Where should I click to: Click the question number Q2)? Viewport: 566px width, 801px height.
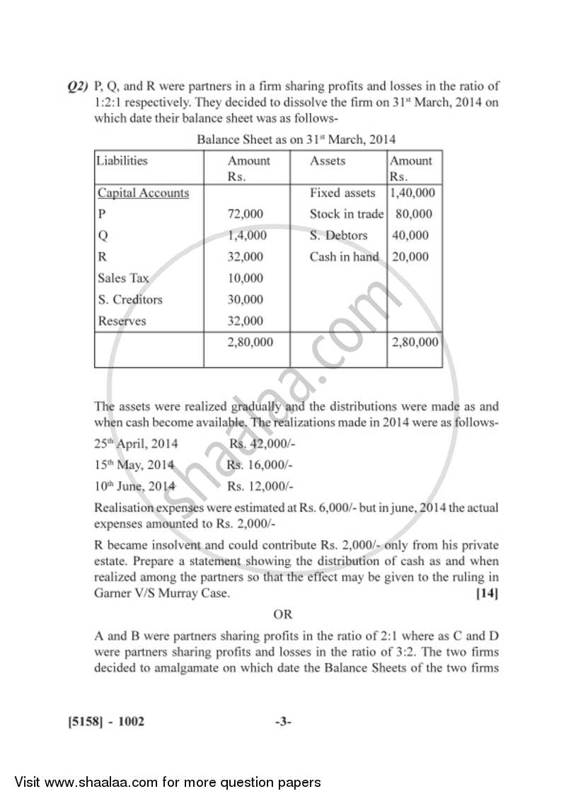click(77, 87)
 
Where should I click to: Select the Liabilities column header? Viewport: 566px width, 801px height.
click(122, 161)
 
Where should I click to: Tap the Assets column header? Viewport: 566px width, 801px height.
click(328, 161)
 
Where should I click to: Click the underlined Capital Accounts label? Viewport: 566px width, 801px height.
click(143, 193)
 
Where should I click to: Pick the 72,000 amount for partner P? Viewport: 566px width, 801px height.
click(245, 214)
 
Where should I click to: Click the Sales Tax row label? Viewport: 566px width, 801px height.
click(123, 278)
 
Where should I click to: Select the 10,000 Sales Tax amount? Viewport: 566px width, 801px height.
click(245, 278)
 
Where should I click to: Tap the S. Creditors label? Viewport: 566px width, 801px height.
click(130, 299)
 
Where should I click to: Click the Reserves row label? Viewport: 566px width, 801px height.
click(122, 321)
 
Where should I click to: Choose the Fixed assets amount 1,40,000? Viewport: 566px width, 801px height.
click(412, 192)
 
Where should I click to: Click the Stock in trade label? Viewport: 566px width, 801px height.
click(346, 214)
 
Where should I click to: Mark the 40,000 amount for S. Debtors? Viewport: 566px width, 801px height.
click(410, 236)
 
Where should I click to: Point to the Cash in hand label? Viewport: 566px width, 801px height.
click(344, 257)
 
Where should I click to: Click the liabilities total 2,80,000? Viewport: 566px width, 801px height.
click(249, 342)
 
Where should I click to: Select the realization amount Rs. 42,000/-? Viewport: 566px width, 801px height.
click(262, 444)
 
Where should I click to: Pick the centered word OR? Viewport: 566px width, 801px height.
click(283, 615)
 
